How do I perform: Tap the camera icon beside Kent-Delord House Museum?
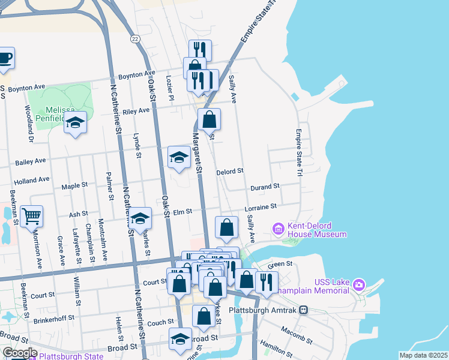(278, 229)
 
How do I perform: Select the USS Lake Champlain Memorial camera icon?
(358, 283)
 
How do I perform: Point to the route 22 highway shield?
(136, 38)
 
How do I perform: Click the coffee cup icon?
(5, 58)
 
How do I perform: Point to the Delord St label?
(229, 171)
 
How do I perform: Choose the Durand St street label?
(265, 187)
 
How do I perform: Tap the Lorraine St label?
(260, 207)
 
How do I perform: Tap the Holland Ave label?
(31, 179)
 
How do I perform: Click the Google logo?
(19, 352)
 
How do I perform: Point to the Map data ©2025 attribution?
(423, 355)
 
